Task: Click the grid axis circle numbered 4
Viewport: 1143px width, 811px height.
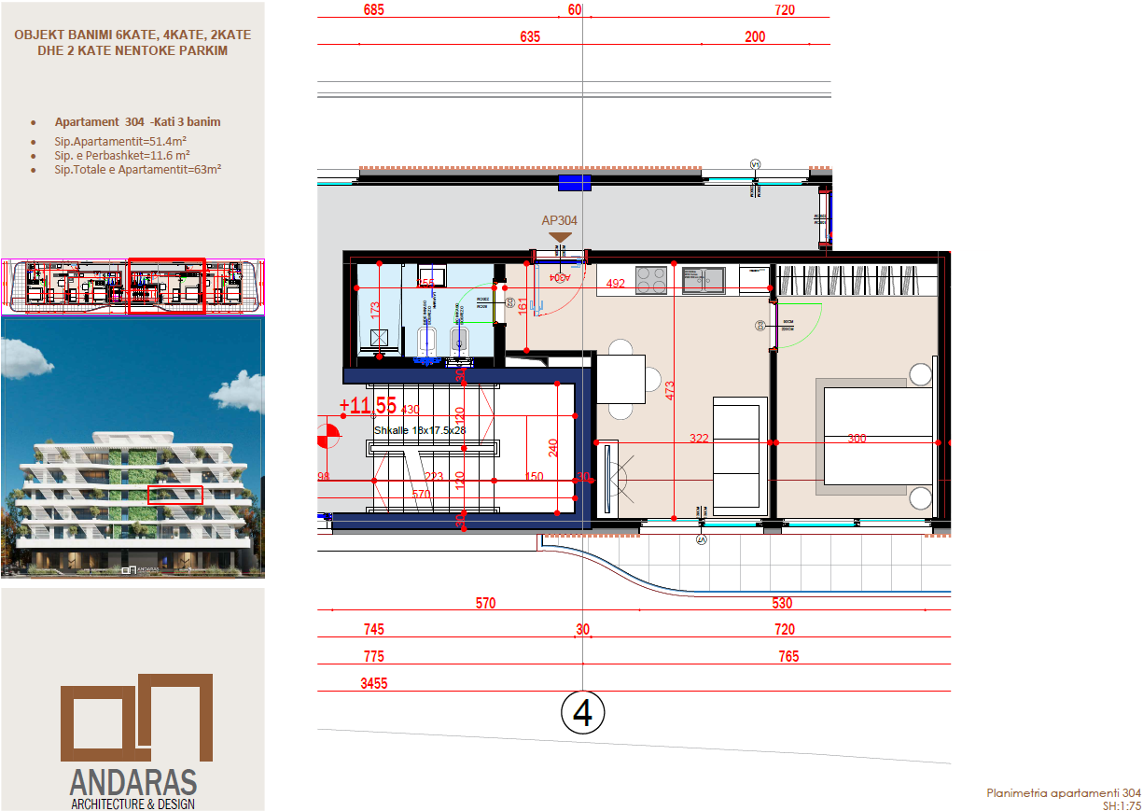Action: pos(583,713)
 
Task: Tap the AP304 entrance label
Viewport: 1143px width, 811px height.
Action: pos(559,221)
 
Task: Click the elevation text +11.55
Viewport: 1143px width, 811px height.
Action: pos(368,406)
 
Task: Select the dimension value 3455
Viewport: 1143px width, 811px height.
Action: pos(373,683)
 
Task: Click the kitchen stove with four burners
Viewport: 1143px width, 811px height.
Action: pos(650,278)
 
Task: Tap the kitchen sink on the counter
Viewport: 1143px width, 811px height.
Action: pos(703,278)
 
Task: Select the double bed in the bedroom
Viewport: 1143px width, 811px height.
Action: pos(877,437)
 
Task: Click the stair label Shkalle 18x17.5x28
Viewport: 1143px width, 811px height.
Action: pos(419,430)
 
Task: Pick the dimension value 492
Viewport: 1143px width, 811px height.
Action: pos(615,285)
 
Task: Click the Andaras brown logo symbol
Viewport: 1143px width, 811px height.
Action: pos(137,717)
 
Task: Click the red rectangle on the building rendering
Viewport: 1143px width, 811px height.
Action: pos(175,495)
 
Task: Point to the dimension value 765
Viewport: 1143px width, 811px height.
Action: pos(788,656)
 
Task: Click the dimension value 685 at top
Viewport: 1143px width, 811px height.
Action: pos(373,10)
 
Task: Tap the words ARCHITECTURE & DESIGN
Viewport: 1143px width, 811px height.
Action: pos(132,804)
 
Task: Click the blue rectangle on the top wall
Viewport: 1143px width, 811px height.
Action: pos(575,183)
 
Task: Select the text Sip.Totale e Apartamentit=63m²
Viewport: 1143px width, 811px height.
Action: pos(137,169)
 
